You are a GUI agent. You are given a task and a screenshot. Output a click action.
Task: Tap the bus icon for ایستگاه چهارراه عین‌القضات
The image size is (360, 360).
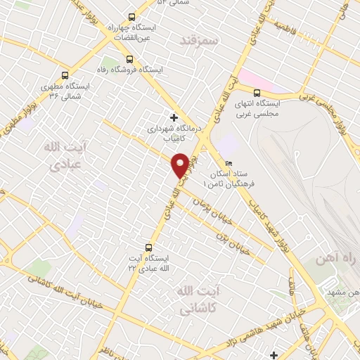(131, 16)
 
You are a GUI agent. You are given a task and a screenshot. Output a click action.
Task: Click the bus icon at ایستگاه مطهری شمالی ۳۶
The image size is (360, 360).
(65, 75)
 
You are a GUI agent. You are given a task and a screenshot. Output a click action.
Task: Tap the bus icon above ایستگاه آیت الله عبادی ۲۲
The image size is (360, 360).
(148, 247)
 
